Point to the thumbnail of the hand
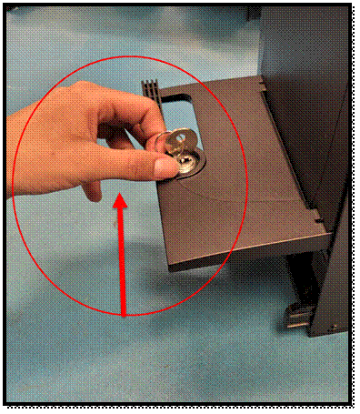[x=164, y=165]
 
